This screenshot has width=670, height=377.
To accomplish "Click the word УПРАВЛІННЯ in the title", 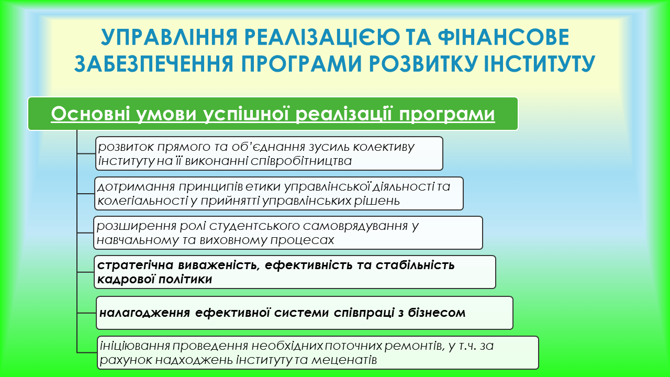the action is [x=169, y=37].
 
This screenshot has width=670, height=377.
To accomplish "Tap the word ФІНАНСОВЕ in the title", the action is [x=504, y=37].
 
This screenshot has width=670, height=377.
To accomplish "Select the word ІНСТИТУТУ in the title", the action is [x=539, y=64].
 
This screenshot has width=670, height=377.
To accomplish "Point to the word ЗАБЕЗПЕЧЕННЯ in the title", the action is [x=154, y=64].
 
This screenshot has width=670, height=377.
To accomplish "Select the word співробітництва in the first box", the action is [x=301, y=161].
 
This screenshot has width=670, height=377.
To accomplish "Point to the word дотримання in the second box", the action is [x=136, y=187].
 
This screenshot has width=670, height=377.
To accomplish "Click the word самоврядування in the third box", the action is [x=355, y=226].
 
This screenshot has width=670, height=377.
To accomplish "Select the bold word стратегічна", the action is [x=136, y=265].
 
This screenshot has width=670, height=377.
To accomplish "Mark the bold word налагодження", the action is [x=145, y=313].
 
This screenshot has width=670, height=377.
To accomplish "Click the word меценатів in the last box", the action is [x=344, y=360].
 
